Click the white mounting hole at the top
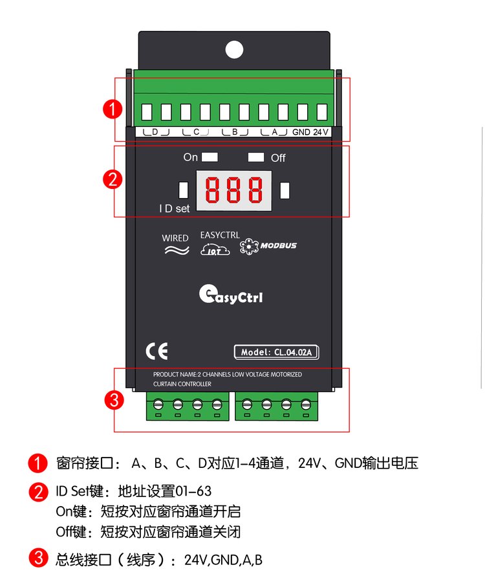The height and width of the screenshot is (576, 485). coord(234,50)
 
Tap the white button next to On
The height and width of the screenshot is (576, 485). coord(210,157)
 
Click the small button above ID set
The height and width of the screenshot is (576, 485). coord(183,190)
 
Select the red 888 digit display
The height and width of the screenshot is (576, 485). coord(234,190)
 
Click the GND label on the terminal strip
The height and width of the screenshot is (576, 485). coord(301,132)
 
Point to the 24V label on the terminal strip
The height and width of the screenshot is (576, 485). coord(321,132)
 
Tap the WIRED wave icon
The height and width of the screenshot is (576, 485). coord(177,250)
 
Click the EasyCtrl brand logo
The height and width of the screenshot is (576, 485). coord(231,294)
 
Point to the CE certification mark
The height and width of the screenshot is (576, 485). coord(156,351)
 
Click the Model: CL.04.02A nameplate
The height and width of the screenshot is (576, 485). coord(277,352)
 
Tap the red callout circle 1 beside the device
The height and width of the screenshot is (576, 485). coord(113,109)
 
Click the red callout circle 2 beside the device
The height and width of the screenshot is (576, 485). coord(113,180)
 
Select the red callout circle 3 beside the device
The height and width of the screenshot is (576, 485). coord(114,400)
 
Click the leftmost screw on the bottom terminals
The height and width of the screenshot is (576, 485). coord(158,404)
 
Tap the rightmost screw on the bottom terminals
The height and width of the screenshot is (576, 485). coord(306,404)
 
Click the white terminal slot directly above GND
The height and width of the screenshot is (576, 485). coord(303,112)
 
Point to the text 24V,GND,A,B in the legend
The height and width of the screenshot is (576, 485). coord(223,560)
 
